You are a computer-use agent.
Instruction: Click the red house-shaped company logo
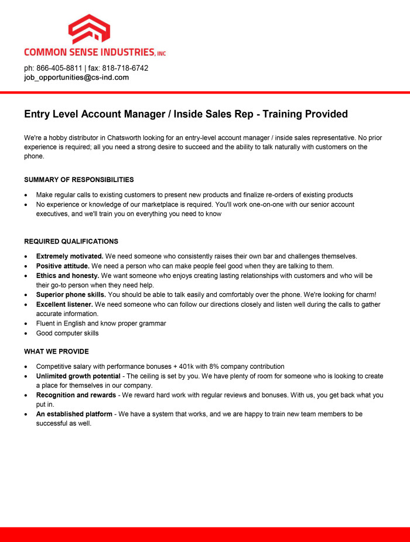(x=89, y=30)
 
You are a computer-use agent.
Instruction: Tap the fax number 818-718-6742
(x=125, y=68)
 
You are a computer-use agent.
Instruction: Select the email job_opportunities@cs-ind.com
(x=76, y=77)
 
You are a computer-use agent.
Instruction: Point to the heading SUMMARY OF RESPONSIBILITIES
(x=78, y=180)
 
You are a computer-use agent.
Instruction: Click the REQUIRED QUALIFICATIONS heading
(x=71, y=241)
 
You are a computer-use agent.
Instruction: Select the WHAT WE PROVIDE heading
(x=56, y=352)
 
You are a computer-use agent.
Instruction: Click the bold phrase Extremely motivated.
(x=70, y=256)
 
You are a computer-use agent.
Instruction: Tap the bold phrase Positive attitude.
(x=63, y=266)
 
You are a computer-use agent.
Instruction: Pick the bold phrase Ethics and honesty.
(x=67, y=276)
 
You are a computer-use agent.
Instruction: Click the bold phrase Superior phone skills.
(x=70, y=295)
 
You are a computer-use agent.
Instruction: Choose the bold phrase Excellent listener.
(x=64, y=304)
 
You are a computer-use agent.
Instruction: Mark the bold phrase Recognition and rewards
(x=76, y=395)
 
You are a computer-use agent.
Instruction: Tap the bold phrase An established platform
(x=74, y=414)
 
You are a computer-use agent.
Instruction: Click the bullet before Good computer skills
(x=26, y=334)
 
